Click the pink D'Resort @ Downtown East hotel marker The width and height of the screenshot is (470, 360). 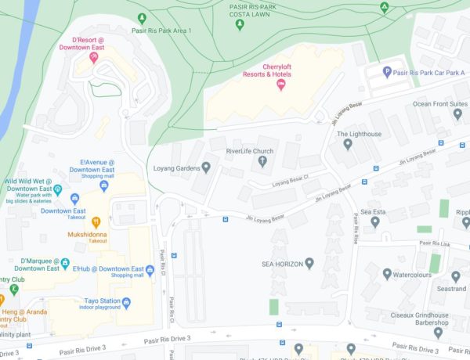pyautogui.click(x=93, y=56)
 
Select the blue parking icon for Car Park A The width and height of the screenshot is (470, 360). pyautogui.click(x=387, y=72)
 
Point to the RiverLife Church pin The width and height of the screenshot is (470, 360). pyautogui.click(x=262, y=162)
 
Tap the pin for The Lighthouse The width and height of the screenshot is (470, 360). pyautogui.click(x=348, y=146)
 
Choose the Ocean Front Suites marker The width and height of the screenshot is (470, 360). pyautogui.click(x=457, y=114)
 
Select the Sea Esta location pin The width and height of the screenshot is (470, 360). pyautogui.click(x=374, y=221)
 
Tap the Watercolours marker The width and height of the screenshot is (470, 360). pyautogui.click(x=387, y=274)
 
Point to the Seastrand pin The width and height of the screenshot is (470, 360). pyautogui.click(x=456, y=276)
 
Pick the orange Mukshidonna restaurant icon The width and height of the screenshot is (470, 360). pyautogui.click(x=96, y=221)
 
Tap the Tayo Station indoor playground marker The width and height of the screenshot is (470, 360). pyautogui.click(x=125, y=302)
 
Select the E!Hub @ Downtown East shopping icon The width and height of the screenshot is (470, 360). pyautogui.click(x=149, y=270)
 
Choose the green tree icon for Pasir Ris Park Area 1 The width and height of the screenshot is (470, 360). pyautogui.click(x=141, y=18)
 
